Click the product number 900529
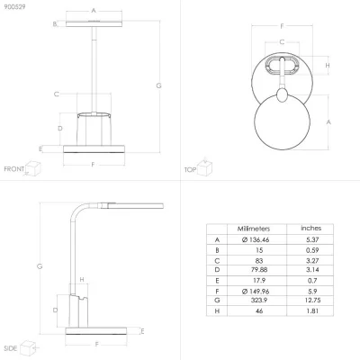14,6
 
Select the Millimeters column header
254,229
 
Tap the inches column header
311,229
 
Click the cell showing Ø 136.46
256,239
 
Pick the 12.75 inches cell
312,300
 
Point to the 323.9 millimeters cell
259,300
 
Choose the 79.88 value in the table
259,270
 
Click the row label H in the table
217,311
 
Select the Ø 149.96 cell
256,292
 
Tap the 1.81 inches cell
312,311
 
